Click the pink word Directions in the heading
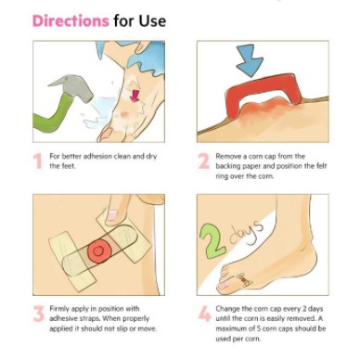[71, 20]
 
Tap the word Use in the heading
[152, 20]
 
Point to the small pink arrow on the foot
[135, 96]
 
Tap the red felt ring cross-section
[263, 92]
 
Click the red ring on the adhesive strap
[98, 251]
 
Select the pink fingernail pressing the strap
[111, 215]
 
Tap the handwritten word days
[246, 231]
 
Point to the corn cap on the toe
[244, 279]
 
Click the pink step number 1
[38, 161]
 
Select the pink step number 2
[203, 161]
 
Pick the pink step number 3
[39, 314]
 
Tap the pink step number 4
[204, 314]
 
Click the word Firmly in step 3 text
[59, 309]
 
